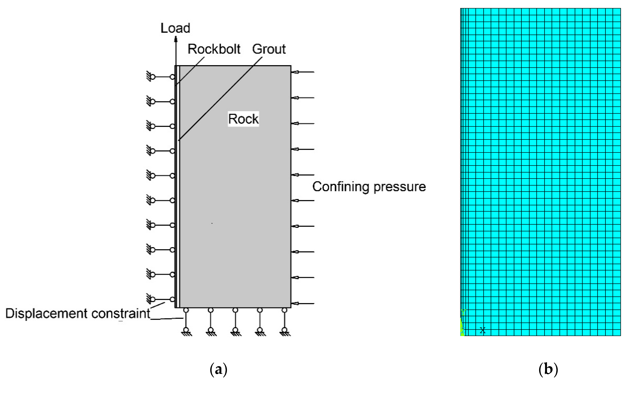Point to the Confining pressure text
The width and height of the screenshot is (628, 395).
[x=369, y=187]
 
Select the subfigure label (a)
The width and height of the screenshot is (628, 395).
[x=218, y=369]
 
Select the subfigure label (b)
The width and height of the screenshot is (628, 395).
[x=548, y=369]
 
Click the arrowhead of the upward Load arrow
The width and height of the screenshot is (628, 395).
[x=176, y=40]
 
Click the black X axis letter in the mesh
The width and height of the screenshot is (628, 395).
[x=482, y=330]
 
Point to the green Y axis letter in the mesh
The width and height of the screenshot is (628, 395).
[x=463, y=312]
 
